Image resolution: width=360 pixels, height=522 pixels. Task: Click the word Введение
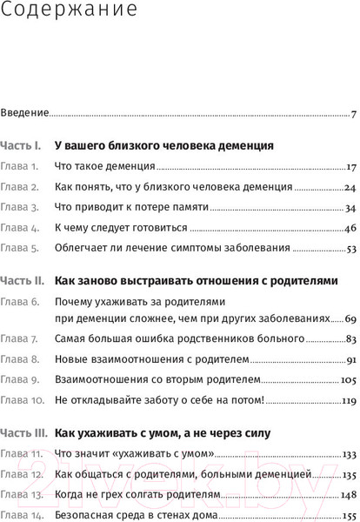pyautogui.click(x=24, y=112)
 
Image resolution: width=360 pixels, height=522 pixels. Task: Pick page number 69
pyautogui.click(x=349, y=318)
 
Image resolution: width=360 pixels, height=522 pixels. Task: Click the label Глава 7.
pyautogui.click(x=19, y=338)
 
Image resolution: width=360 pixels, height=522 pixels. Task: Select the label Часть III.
pyautogui.click(x=25, y=432)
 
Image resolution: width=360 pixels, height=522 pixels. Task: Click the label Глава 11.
pyautogui.click(x=20, y=454)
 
